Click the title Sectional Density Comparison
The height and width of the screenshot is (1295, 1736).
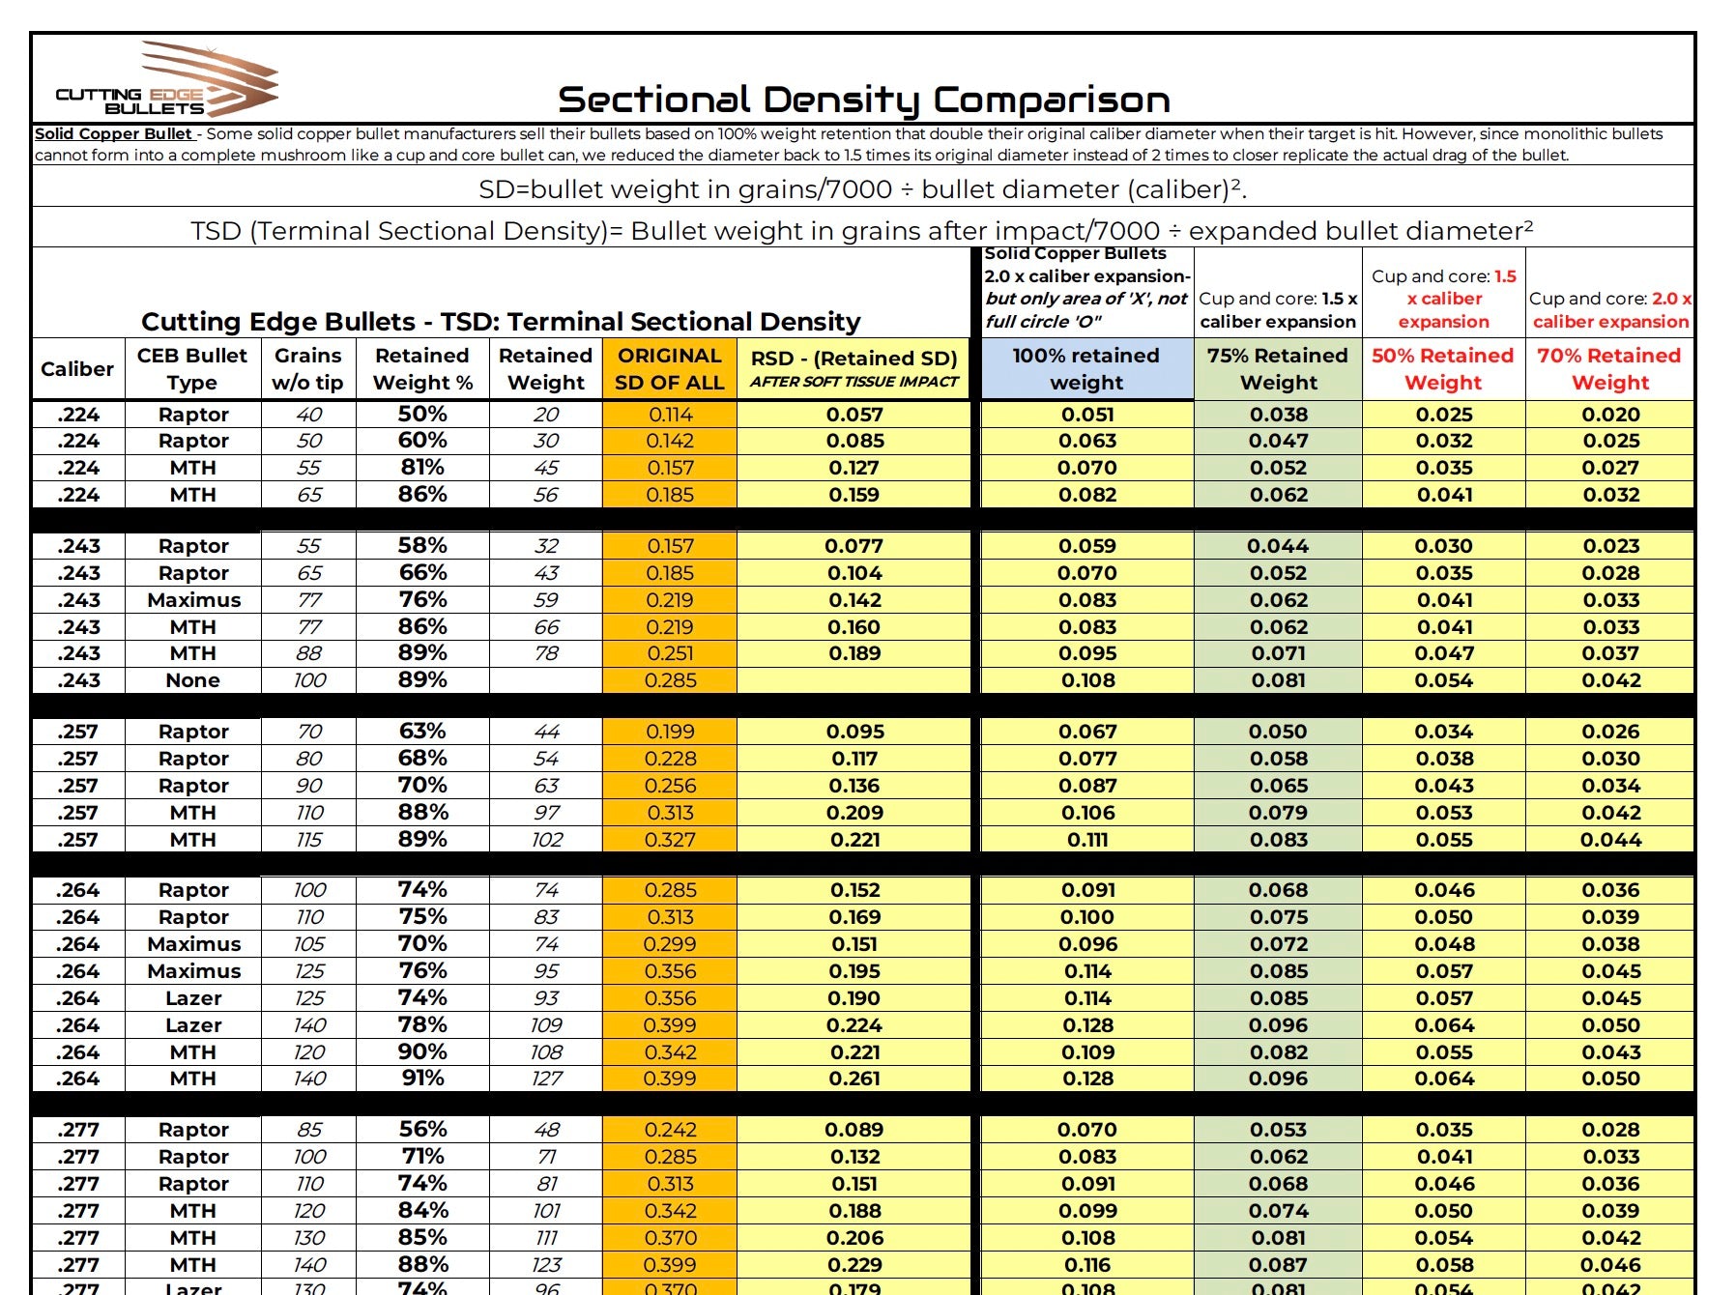pyautogui.click(x=863, y=100)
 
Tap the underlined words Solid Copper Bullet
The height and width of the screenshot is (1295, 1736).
pyautogui.click(x=114, y=134)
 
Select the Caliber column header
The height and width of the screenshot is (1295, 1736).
pyautogui.click(x=77, y=369)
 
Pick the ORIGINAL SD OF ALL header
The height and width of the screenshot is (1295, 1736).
pyautogui.click(x=669, y=369)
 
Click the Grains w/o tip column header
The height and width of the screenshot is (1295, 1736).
pyautogui.click(x=307, y=369)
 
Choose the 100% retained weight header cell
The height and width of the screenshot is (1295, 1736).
pyautogui.click(x=1085, y=369)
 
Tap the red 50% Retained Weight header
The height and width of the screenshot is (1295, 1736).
pyautogui.click(x=1442, y=369)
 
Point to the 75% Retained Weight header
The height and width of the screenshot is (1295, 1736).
pyautogui.click(x=1277, y=369)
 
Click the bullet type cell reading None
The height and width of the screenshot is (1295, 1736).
pyautogui.click(x=192, y=680)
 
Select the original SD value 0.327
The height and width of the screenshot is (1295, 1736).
pyautogui.click(x=669, y=840)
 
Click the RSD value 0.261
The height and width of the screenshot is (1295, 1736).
pyautogui.click(x=854, y=1079)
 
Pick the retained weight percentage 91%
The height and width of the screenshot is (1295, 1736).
pyautogui.click(x=422, y=1079)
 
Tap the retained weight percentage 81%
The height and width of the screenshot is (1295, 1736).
pyautogui.click(x=422, y=468)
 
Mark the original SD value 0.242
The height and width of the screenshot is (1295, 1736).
pyautogui.click(x=669, y=1130)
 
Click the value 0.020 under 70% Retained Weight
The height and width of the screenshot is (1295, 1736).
pyautogui.click(x=1610, y=415)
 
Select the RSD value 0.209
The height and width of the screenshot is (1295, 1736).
pyautogui.click(x=854, y=813)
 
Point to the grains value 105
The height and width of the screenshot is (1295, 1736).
pyautogui.click(x=308, y=944)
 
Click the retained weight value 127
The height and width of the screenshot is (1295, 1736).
pyautogui.click(x=546, y=1079)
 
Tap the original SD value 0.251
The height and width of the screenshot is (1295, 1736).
pyautogui.click(x=669, y=653)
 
